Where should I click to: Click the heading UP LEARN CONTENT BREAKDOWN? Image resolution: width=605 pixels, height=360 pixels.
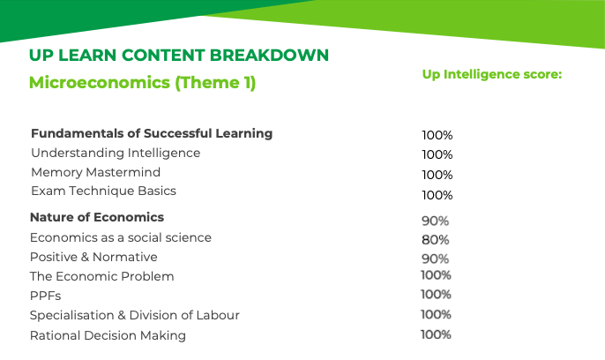coord(179,56)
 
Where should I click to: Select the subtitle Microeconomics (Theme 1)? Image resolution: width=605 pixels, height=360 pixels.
coord(142,83)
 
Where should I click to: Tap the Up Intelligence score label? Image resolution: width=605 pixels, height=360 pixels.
coord(492,74)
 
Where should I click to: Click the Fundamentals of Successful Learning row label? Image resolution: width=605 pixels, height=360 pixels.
coord(152,133)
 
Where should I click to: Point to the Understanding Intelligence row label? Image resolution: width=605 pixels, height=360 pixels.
coord(116,154)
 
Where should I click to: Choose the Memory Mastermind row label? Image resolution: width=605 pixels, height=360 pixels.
coord(95,172)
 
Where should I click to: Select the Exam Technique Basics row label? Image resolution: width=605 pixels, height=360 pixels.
coord(103,191)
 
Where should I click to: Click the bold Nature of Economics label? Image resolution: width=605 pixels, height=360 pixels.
coord(97,217)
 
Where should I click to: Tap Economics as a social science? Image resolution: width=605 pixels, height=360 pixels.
coord(120,237)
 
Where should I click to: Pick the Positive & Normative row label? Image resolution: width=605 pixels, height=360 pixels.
coord(93,257)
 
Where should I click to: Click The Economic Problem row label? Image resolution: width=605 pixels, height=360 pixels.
coord(102,276)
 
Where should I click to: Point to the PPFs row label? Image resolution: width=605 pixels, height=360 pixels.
coord(46,296)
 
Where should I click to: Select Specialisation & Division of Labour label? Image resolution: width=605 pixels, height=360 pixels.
coord(135,315)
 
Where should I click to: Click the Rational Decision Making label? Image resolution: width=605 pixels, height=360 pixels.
coord(108,335)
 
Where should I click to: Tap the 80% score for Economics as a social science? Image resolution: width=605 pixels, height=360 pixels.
coord(436,240)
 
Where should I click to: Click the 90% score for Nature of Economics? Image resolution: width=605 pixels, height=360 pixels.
coord(436,221)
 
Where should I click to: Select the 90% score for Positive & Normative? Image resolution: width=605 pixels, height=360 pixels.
coord(436,259)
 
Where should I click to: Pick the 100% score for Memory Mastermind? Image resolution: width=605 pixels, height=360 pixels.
coord(437,176)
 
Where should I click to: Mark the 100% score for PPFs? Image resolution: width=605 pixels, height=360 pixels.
coord(436,295)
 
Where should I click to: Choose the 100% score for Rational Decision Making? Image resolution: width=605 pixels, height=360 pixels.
coord(436,334)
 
